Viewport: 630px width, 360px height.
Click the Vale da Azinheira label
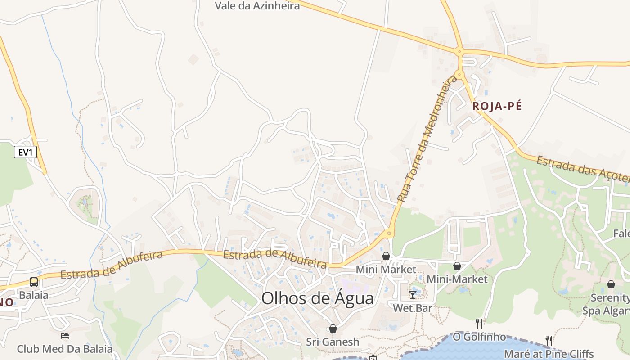click(x=257, y=6)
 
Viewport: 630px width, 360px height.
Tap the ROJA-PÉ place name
click(x=497, y=106)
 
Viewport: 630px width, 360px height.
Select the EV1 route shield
click(x=25, y=152)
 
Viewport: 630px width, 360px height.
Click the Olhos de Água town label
click(x=317, y=298)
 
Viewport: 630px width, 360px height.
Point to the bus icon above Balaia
click(x=34, y=282)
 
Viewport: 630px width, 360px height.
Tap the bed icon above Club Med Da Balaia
click(x=65, y=336)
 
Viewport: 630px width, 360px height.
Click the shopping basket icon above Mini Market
click(x=386, y=256)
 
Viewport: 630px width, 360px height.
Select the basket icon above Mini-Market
click(x=457, y=266)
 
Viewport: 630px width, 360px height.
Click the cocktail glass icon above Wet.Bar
click(x=413, y=295)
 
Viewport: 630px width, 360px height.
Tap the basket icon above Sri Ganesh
click(x=333, y=328)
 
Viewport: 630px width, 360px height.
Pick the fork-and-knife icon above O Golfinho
click(x=479, y=323)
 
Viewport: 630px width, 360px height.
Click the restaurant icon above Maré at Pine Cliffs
click(x=549, y=340)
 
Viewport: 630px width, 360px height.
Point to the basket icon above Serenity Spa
click(x=611, y=284)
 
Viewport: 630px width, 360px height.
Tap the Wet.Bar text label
click(x=413, y=308)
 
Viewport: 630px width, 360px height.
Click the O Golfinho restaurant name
click(x=479, y=337)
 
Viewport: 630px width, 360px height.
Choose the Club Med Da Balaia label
click(x=65, y=349)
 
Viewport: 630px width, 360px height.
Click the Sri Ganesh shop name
click(x=333, y=342)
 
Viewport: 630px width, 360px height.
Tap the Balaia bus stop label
click(x=34, y=296)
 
